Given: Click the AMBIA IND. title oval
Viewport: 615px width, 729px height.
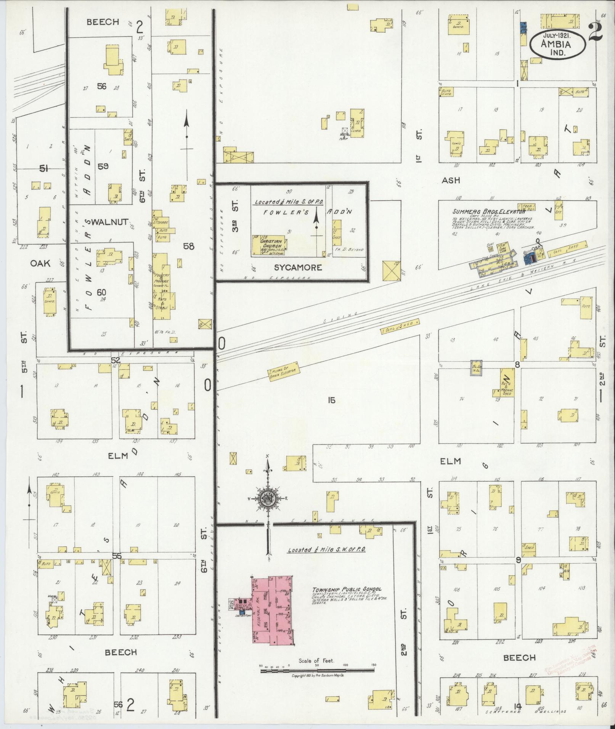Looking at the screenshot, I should pos(557,44).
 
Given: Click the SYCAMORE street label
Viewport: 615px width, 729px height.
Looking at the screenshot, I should pos(299,268).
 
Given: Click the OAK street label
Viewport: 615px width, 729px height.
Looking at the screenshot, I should pos(41,263).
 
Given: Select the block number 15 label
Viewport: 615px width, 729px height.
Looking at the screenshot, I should pos(331,400).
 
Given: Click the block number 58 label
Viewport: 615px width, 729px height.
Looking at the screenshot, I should pos(188,246).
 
